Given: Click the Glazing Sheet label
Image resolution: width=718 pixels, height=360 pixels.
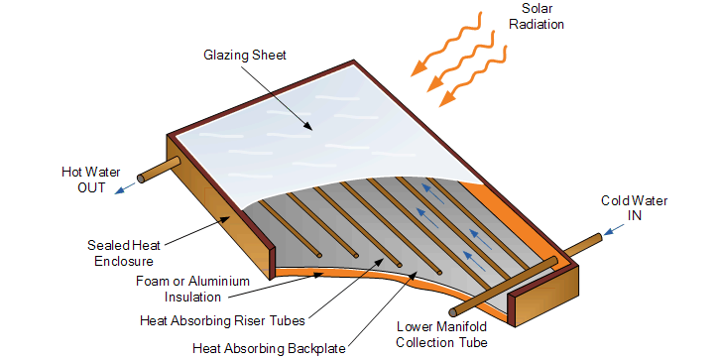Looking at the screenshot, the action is [245, 56].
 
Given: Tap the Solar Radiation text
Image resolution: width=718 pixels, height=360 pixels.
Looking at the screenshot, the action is [537, 16].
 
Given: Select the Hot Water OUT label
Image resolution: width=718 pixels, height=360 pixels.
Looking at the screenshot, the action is [90, 180].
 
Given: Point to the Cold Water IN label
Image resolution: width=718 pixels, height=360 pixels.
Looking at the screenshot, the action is [635, 207].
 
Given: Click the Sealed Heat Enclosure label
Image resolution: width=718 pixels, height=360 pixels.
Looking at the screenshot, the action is [124, 253].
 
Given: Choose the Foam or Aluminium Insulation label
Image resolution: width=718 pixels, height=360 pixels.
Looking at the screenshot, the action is [192, 289].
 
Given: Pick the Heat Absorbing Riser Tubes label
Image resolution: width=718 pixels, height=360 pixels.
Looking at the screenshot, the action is [222, 320].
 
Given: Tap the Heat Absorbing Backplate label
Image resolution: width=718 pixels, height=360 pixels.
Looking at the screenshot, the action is [269, 348].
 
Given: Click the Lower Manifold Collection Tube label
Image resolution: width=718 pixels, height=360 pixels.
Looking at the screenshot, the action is [441, 334].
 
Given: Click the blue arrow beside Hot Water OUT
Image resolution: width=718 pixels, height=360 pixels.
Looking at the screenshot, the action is [125, 188].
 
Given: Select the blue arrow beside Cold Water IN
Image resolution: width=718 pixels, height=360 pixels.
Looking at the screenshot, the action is [613, 229].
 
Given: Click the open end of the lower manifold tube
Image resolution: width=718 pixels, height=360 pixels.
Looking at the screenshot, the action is [453, 312].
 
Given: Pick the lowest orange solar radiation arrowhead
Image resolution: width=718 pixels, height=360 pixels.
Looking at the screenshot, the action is [447, 99].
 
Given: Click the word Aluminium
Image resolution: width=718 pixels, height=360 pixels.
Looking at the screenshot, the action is [219, 281].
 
